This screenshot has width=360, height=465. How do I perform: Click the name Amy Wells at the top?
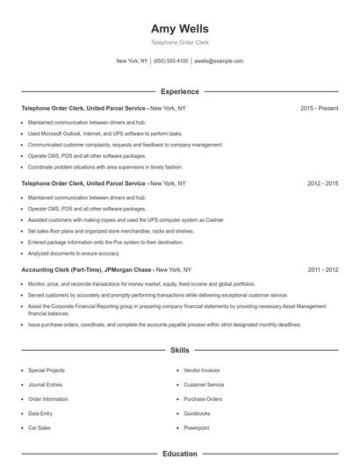tap(180, 28)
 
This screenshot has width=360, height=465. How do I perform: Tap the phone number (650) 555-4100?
tap(170, 61)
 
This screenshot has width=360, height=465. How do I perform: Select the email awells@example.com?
tap(219, 61)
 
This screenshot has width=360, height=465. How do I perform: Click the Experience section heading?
tap(180, 91)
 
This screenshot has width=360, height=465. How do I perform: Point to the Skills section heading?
tap(180, 350)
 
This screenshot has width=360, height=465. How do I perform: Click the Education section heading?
tap(180, 454)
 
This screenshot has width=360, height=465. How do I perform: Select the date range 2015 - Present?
tap(319, 108)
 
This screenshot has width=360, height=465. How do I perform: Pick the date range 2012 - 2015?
tap(322, 184)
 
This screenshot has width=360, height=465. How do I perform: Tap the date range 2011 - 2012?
tap(322, 271)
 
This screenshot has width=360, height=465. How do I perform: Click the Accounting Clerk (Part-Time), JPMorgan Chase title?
tap(87, 271)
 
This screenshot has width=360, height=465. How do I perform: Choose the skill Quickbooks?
tap(197, 413)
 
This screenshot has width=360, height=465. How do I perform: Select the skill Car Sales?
tap(40, 427)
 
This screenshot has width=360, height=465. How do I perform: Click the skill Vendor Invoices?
tap(202, 370)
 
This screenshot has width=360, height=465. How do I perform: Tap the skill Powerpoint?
tap(196, 427)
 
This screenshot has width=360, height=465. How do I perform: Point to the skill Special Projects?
tap(47, 370)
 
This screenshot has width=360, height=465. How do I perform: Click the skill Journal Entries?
tap(45, 384)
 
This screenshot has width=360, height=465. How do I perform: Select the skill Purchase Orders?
tap(202, 399)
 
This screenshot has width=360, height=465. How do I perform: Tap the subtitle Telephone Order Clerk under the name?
tap(180, 42)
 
